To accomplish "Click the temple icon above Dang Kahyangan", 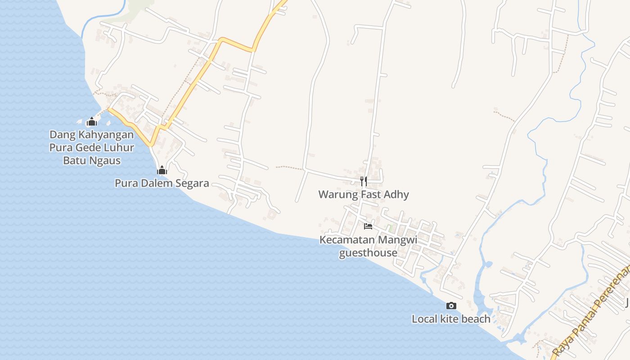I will coord(92,121).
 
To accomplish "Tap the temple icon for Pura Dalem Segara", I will coord(162,170).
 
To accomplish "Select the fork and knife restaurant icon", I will coord(364,181).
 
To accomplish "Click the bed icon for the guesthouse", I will coord(368,226).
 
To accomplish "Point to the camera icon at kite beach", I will coord(451,306).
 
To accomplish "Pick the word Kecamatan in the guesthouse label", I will coord(347,240).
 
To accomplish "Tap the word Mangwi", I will coord(397,240).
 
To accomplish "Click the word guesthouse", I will coord(368,253).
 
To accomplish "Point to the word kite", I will coord(449,319).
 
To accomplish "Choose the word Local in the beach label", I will coord(424,319).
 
